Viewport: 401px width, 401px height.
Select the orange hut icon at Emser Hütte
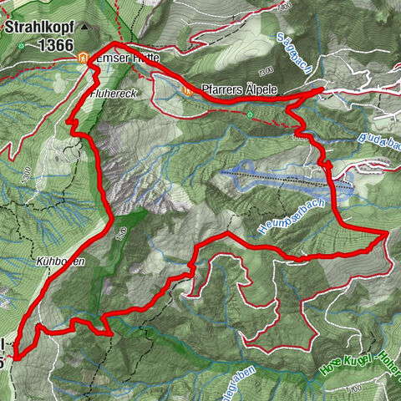pos(83,58)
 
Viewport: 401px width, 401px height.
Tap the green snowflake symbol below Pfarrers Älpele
pos(249,114)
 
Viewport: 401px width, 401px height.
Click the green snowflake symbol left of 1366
pos(19,46)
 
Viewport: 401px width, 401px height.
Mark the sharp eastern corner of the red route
pos(385,236)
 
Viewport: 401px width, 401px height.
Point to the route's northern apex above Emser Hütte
pos(114,42)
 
